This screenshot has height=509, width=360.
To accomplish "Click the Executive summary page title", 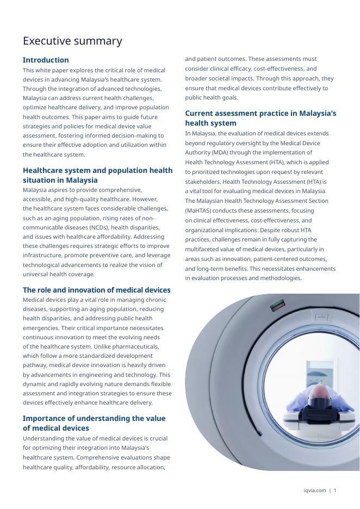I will point(72,41).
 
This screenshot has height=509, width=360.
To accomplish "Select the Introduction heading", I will point(46,60).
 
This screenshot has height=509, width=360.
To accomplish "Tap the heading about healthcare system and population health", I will point(97,175).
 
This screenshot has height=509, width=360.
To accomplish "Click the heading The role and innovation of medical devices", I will point(97,290).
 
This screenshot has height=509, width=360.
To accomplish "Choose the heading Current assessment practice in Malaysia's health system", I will point(260,118).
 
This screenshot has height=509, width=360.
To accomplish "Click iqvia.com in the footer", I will point(315,491).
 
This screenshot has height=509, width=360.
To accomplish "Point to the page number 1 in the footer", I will point(335,491).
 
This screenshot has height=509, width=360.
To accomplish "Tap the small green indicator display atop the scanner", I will point(279,305).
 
